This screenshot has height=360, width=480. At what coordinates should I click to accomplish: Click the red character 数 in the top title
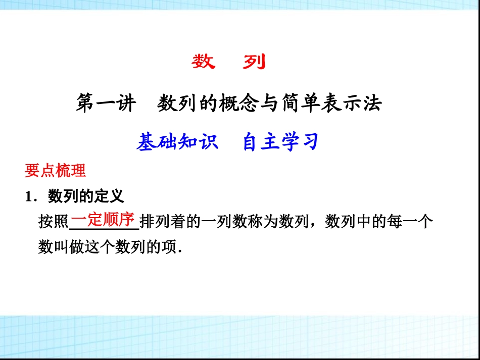[204, 62]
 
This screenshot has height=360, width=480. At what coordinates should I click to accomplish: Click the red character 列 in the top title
[254, 62]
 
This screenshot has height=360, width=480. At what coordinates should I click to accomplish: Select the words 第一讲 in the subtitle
[106, 104]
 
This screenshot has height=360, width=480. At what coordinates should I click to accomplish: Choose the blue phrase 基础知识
[177, 142]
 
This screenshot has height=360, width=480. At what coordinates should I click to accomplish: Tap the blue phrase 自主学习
[280, 142]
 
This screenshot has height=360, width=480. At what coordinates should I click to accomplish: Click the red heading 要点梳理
[56, 171]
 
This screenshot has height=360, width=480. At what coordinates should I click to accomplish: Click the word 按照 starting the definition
[54, 222]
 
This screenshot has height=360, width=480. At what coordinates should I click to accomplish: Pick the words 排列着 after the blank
[163, 222]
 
